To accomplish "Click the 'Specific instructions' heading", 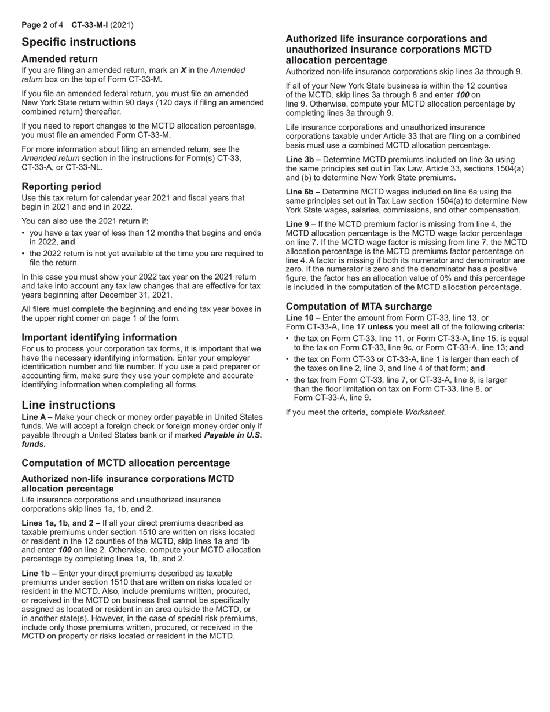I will (x=79, y=42).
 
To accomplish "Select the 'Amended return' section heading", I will (x=60, y=58).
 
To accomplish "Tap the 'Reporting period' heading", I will (x=61, y=186).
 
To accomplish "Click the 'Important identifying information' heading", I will (x=99, y=337).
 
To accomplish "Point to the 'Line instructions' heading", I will (x=68, y=405).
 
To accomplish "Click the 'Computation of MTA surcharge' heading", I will (x=359, y=306).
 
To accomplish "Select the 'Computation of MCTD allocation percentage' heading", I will (x=126, y=463).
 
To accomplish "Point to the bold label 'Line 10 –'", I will (x=304, y=318).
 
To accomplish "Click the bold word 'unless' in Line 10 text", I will (x=380, y=326).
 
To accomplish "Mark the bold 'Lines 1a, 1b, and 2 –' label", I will (x=61, y=523).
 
